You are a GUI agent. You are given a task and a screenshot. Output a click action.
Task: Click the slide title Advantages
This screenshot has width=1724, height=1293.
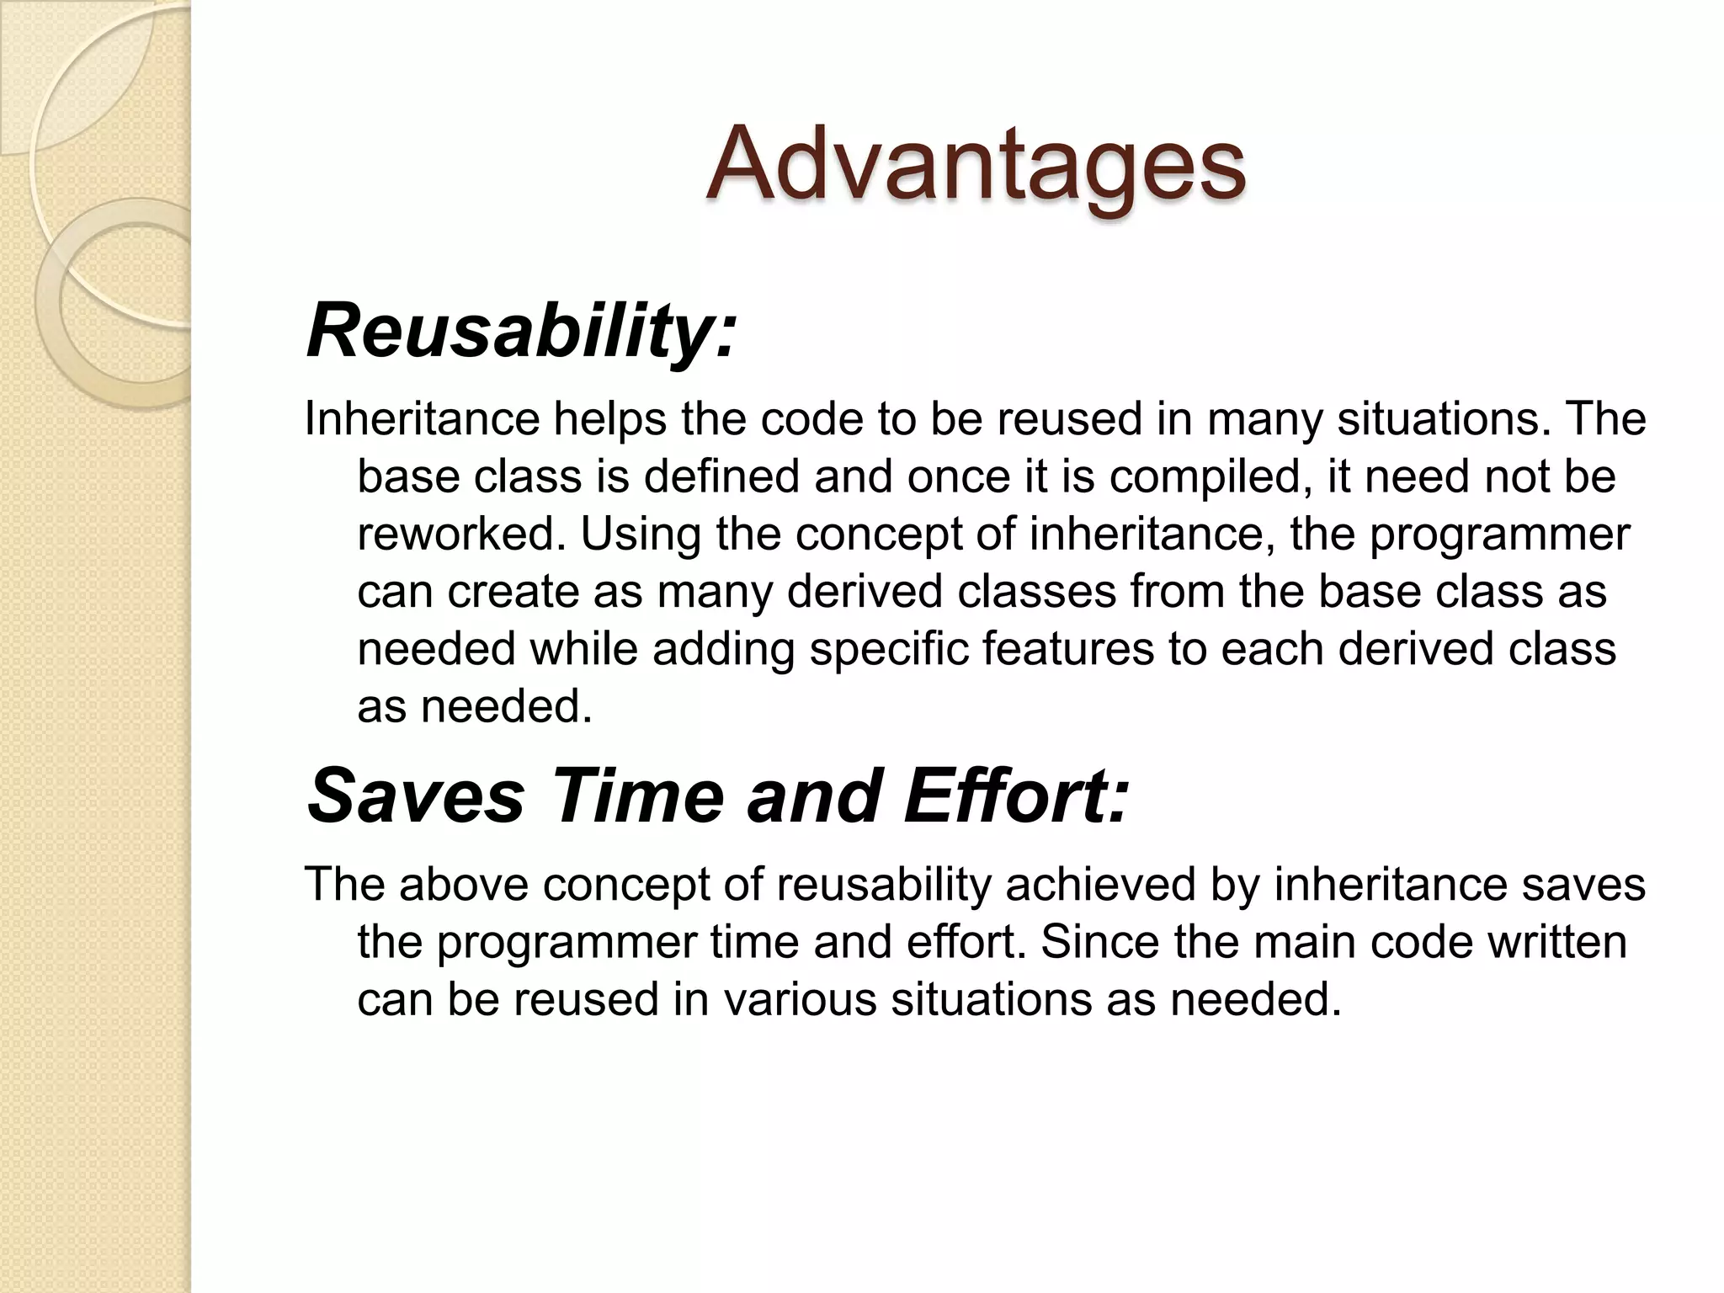tap(976, 165)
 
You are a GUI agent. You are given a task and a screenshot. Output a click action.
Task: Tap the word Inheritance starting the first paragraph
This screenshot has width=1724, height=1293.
tap(421, 418)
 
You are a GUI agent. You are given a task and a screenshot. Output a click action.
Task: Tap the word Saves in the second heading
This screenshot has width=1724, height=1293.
tap(416, 795)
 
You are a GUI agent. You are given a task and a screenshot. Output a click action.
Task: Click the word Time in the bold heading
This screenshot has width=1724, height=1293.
tap(637, 795)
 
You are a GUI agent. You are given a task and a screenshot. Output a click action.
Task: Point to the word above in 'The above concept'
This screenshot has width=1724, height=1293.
tap(462, 884)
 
